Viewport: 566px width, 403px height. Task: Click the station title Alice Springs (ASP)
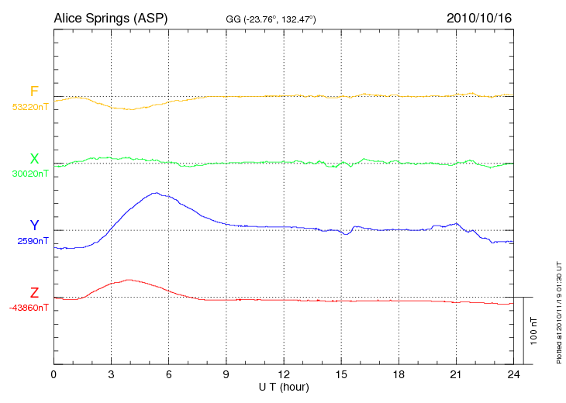[111, 17]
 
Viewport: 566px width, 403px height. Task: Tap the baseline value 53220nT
[30, 107]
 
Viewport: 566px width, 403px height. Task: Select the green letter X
[34, 159]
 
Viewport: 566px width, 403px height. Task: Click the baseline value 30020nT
[30, 174]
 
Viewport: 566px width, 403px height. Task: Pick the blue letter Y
[34, 226]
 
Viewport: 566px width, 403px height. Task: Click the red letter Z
[34, 293]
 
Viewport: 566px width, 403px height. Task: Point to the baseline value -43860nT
[29, 308]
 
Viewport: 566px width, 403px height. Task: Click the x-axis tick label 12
[284, 374]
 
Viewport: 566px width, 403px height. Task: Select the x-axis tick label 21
[456, 374]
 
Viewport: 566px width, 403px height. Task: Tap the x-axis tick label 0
[53, 374]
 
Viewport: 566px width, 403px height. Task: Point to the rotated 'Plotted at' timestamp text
[558, 310]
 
